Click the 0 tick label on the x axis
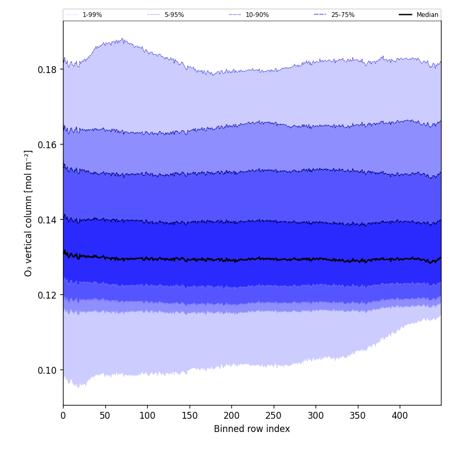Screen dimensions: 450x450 [63, 416]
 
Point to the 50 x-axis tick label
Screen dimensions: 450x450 [105, 416]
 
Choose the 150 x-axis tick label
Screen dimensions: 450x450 [190, 416]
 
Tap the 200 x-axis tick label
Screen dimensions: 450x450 [231, 416]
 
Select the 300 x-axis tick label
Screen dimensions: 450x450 [316, 416]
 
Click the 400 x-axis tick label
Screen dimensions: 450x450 [400, 416]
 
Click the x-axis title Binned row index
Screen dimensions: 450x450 [252, 429]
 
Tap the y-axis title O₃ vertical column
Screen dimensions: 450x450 [29, 213]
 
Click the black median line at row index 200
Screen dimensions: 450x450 [231, 260]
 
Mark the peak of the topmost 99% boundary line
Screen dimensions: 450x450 [123, 39]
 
